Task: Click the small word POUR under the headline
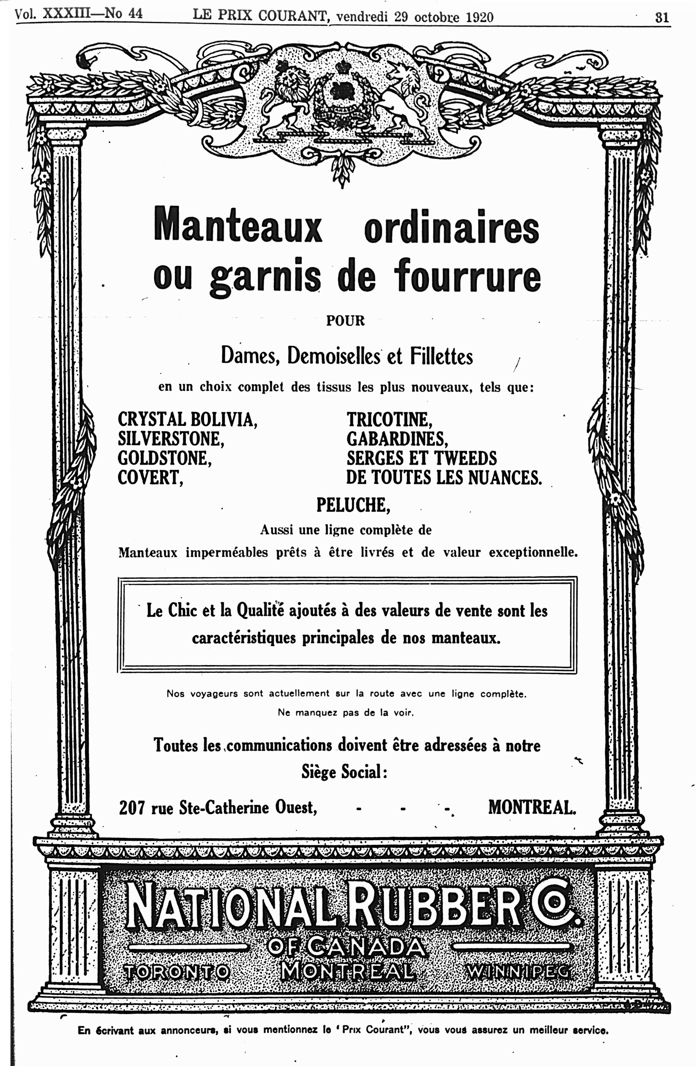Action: (x=345, y=321)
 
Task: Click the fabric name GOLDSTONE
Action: (x=164, y=458)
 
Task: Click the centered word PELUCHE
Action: (x=353, y=505)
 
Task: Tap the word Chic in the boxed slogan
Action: (x=185, y=611)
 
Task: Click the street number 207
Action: (x=132, y=808)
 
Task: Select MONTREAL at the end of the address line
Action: (x=532, y=808)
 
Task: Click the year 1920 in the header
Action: (x=479, y=17)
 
